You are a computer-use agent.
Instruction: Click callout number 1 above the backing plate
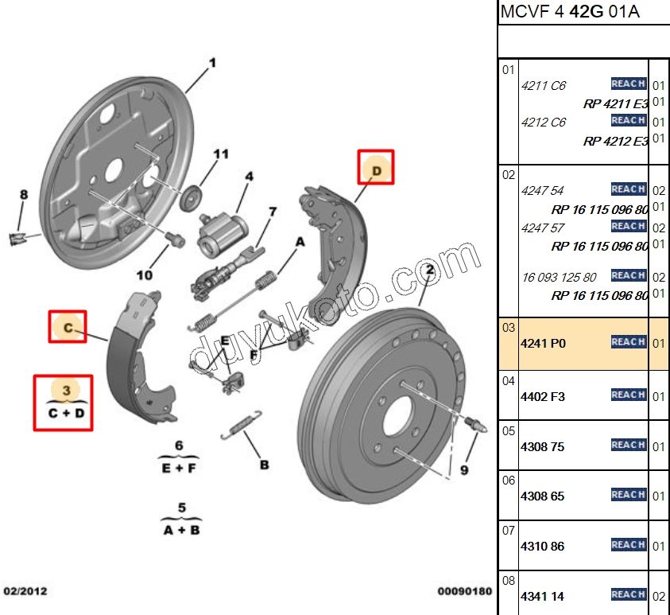pyautogui.click(x=212, y=62)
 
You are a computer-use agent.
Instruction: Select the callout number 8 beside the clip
pyautogui.click(x=24, y=194)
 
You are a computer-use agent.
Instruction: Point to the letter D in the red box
pyautogui.click(x=377, y=170)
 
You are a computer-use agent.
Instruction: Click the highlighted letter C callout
pyautogui.click(x=68, y=327)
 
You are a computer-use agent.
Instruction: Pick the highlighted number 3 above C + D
pyautogui.click(x=67, y=390)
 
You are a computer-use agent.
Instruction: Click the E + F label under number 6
pyautogui.click(x=180, y=468)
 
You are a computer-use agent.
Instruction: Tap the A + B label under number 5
pyautogui.click(x=181, y=529)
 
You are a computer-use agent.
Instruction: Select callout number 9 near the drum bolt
pyautogui.click(x=464, y=469)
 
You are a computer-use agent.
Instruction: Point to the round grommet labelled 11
pyautogui.click(x=191, y=199)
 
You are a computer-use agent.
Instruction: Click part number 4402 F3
pyautogui.click(x=543, y=396)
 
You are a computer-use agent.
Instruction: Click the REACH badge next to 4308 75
pyautogui.click(x=628, y=445)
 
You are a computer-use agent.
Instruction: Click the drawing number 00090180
pyautogui.click(x=465, y=592)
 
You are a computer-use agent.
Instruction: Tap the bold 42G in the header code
pyautogui.click(x=588, y=13)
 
